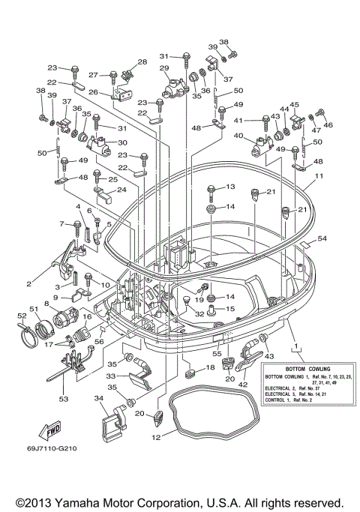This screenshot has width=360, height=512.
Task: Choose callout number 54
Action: [x=322, y=238]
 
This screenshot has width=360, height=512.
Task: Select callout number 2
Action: [x=29, y=283]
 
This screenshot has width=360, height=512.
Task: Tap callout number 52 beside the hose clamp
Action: [x=21, y=316]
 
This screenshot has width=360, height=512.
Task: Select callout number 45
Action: [x=295, y=106]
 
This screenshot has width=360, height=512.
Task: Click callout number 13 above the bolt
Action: [x=229, y=186]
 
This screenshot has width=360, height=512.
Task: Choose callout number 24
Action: [x=121, y=190]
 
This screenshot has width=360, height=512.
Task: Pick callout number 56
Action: [x=97, y=340]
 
